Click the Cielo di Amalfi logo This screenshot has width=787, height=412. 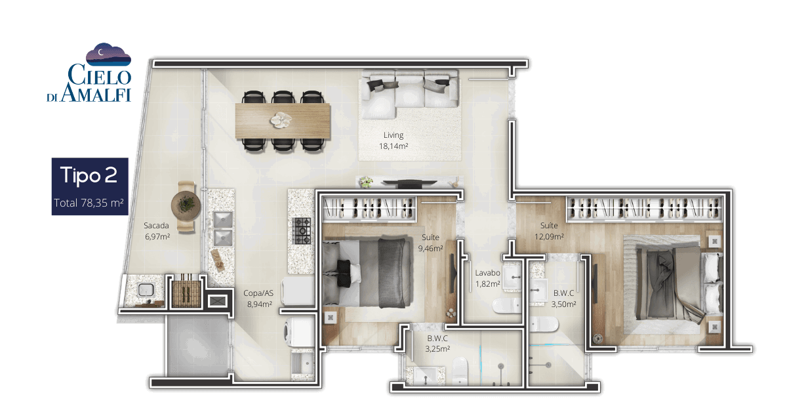coord(89,73)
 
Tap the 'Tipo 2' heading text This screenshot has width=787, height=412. coord(89,175)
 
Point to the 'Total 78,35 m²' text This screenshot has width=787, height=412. coord(89,203)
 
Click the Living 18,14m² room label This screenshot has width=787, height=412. coord(393,140)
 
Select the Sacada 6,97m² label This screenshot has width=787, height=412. coord(157,231)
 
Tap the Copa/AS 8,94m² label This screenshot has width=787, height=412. coord(258,299)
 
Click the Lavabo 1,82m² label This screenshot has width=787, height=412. coord(488,278)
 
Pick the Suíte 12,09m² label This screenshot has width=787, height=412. coord(549,231)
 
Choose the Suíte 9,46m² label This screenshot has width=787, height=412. coord(430,243)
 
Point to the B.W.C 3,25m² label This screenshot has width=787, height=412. coord(437,344)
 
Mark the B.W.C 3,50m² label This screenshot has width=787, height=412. coord(563,299)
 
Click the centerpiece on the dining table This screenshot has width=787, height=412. coord(281,120)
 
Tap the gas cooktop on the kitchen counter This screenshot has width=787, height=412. coord(302,231)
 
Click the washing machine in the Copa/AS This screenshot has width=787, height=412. coord(298,332)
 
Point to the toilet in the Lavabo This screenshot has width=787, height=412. coord(506,306)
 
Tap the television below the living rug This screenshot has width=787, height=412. coord(410,183)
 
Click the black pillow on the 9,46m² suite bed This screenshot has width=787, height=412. coord(344,272)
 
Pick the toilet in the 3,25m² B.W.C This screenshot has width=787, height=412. coord(460,371)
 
